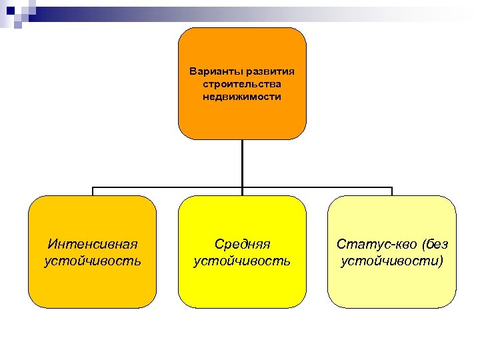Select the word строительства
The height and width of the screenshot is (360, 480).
[242, 83]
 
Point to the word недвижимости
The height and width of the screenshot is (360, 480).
[242, 97]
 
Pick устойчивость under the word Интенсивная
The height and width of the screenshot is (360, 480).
[92, 260]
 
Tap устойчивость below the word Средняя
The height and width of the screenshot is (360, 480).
[242, 260]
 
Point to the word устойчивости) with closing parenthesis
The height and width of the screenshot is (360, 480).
[392, 260]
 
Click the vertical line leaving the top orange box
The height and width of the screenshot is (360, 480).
[242, 163]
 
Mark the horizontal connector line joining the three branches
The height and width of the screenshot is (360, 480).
[167, 187]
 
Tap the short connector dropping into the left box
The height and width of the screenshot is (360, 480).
[93, 191]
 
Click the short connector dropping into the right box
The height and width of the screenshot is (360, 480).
[392, 191]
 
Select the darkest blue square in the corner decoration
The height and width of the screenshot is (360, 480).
[10, 10]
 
